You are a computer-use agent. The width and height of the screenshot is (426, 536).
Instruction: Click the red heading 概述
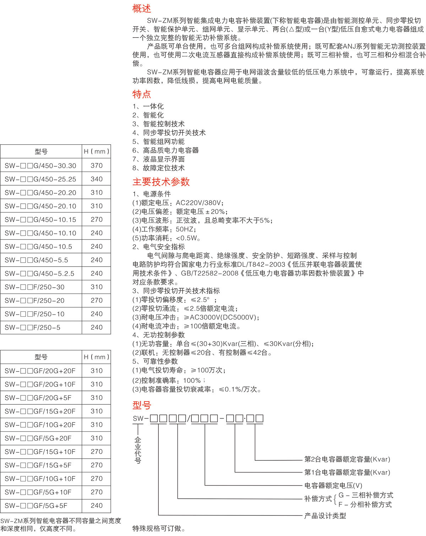pos(141,9)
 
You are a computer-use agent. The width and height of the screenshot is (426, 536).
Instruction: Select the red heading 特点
pos(141,94)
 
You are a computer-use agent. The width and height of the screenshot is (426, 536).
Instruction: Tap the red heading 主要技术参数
pos(161,182)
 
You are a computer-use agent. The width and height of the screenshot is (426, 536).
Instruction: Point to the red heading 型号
pos(141,405)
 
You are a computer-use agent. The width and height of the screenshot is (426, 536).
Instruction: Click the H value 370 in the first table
pos(96,165)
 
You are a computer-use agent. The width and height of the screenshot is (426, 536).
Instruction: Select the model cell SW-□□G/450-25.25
pos(40,179)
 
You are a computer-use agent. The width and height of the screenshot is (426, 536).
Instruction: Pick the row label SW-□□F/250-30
pos(34,287)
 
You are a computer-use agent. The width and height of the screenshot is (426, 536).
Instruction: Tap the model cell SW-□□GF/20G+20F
pos(40,371)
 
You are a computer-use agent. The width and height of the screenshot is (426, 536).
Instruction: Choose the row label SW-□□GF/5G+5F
pos(36,506)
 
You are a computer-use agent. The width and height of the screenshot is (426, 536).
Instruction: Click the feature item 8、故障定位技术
pos(158,168)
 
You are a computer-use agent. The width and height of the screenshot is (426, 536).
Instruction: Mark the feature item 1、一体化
pos(148,106)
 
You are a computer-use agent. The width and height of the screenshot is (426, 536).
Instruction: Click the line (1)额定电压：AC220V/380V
pos(178,203)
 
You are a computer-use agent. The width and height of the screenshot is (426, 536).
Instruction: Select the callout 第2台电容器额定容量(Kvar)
pos(347,459)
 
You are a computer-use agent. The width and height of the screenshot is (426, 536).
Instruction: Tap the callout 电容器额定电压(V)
pos(333,485)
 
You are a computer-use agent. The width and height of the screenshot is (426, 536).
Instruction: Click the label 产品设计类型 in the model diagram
pos(325,515)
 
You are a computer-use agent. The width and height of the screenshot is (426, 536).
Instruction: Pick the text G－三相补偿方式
pos(366,495)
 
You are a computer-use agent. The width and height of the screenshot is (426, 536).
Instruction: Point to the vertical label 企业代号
pos(138,450)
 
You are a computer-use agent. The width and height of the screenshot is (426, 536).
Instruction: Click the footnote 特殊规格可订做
pos(159,529)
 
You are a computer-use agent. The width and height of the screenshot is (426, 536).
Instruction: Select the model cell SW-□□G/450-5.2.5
pos(39,274)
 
